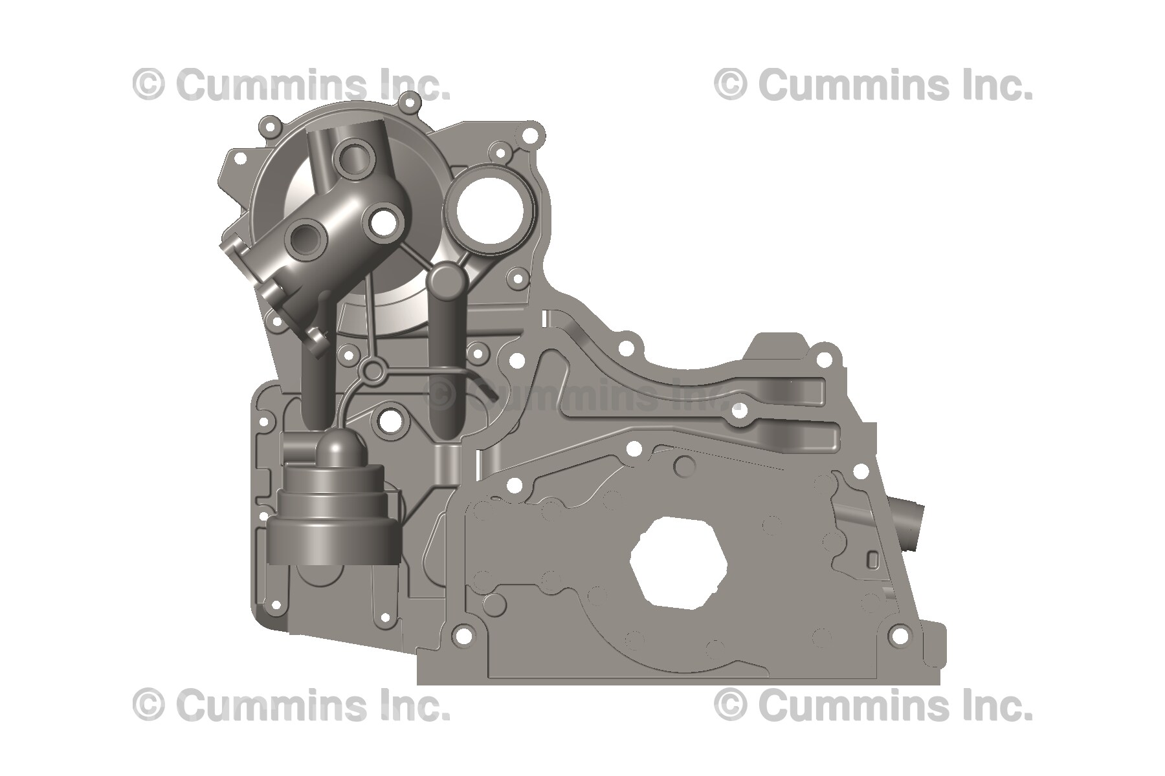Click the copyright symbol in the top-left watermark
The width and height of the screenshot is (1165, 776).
click(x=149, y=85)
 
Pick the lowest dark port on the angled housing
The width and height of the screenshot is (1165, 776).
click(x=306, y=239)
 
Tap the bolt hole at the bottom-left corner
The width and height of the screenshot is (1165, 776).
click(x=274, y=605)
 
